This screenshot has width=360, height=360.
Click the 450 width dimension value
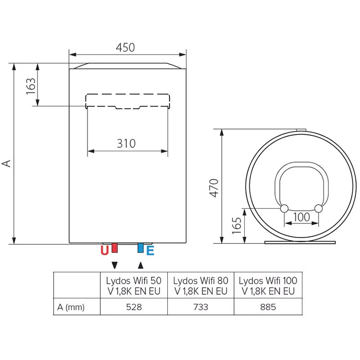coord(125,48)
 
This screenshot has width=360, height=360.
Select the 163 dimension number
coord(31,86)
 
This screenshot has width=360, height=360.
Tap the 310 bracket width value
coord(126,144)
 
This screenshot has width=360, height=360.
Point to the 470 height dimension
coord(214,188)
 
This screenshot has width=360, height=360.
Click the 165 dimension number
coord(237,226)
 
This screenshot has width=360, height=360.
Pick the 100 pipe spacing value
coord(301,217)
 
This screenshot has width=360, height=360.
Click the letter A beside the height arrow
coord(6,163)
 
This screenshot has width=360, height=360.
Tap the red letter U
coord(105,251)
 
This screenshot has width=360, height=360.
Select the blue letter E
coord(150,251)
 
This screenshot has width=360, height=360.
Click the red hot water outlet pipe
coord(114,248)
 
